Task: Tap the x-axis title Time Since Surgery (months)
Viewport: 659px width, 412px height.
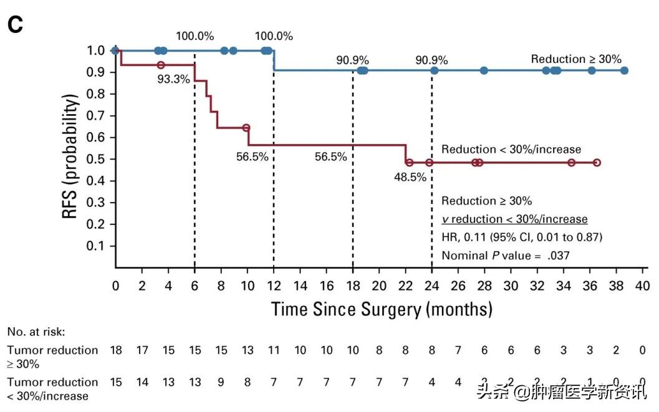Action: tap(382, 309)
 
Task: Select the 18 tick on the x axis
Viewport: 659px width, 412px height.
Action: tap(352, 285)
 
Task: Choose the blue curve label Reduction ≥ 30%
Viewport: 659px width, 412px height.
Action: tap(576, 59)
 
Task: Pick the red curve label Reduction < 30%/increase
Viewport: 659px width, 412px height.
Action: tap(511, 150)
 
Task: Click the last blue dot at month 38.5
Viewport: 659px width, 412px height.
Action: tap(624, 70)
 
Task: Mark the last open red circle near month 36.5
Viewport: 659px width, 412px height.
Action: tap(597, 162)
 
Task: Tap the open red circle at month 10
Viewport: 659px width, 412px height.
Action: tap(246, 127)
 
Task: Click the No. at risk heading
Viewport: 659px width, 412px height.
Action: tap(36, 332)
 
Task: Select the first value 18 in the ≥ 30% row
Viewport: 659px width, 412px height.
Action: tap(115, 350)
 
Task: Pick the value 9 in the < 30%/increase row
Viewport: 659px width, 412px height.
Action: tap(221, 382)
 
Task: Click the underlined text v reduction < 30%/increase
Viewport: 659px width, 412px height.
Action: tap(514, 219)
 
